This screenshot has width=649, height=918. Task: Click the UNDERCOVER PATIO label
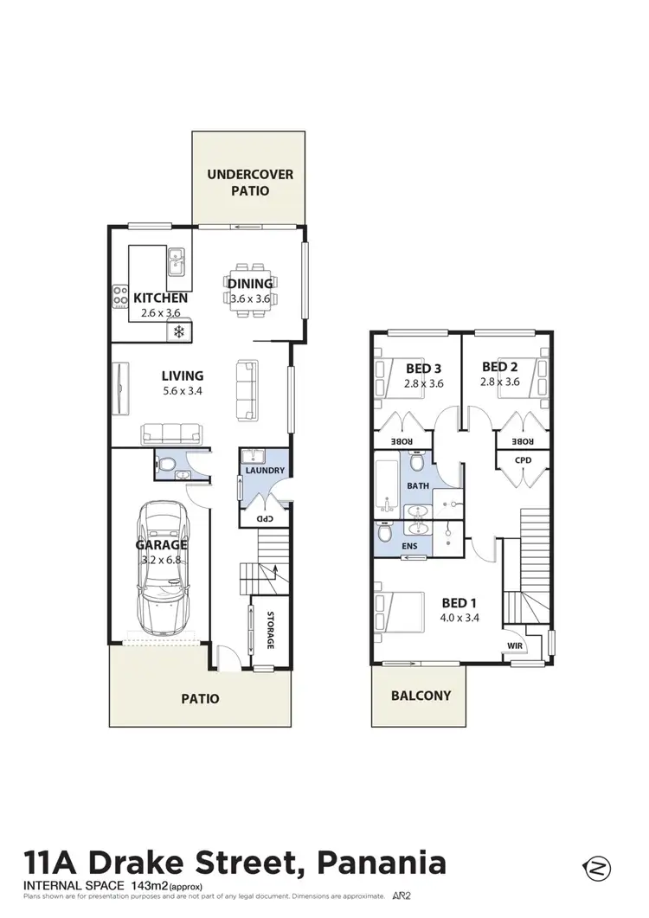tap(249, 183)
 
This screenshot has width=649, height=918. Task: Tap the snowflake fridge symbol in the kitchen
tap(179, 331)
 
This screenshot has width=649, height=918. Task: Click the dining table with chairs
tap(250, 284)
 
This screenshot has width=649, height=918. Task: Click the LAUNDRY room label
tap(264, 471)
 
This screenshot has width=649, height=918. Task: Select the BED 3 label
tap(424, 368)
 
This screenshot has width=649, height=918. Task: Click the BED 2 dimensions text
tap(500, 382)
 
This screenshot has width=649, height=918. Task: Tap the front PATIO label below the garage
tap(201, 698)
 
